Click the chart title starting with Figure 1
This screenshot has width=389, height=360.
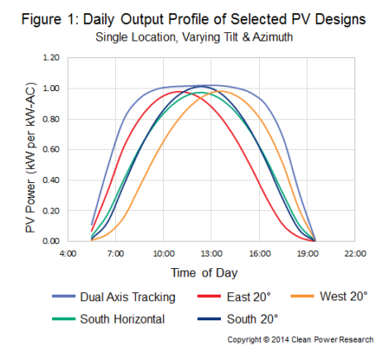point(194,19)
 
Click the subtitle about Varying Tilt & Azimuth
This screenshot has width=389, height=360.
point(194,37)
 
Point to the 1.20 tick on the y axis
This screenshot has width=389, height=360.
point(51,58)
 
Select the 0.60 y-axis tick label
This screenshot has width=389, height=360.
point(51,149)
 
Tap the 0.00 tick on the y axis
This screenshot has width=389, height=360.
point(51,241)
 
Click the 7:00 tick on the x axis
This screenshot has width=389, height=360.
point(116,253)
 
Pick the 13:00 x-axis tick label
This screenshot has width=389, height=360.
point(211,253)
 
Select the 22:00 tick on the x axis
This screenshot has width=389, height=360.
point(355,253)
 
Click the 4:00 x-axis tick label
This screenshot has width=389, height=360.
point(68,253)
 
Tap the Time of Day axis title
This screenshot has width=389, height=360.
point(204,273)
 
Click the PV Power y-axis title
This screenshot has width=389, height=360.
point(31,157)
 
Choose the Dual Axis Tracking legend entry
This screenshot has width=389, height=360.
point(114,297)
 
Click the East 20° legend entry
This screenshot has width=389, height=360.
point(234,297)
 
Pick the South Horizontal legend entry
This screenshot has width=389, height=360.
point(108,319)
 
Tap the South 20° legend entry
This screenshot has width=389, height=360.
point(238,319)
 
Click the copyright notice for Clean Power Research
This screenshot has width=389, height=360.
point(300,339)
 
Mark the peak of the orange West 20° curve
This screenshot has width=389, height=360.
point(221,91)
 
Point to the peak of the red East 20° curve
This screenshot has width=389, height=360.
point(178,92)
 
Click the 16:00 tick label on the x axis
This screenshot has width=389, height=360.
point(259,253)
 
